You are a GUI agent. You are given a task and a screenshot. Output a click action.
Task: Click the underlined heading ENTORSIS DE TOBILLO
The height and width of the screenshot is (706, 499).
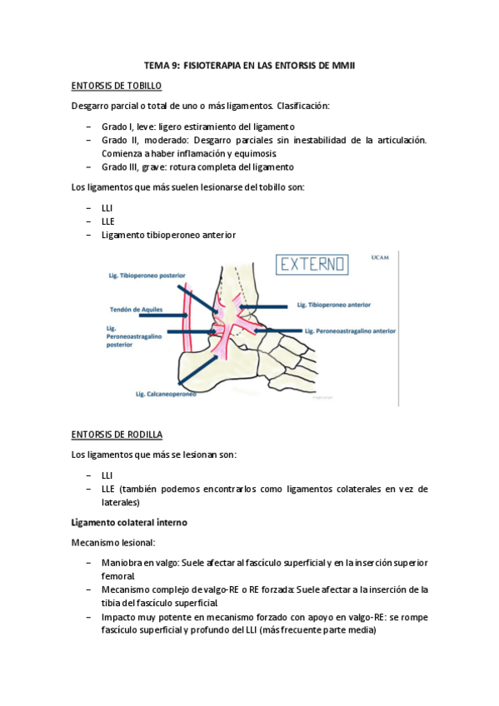(x=117, y=86)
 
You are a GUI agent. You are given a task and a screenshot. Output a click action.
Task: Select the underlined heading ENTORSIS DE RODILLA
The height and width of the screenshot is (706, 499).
(x=117, y=435)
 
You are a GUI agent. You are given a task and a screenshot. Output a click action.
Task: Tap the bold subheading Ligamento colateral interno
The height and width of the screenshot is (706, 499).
(x=129, y=522)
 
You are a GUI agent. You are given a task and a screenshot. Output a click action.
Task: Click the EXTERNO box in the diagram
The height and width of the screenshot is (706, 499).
(x=313, y=265)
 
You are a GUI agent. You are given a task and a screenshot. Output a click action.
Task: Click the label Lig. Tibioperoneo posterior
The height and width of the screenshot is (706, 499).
(x=147, y=275)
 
